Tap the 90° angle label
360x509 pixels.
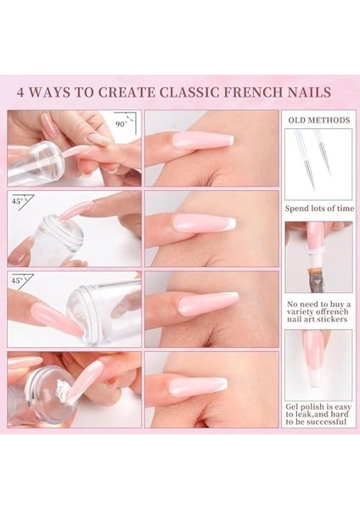(x=121, y=123)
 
